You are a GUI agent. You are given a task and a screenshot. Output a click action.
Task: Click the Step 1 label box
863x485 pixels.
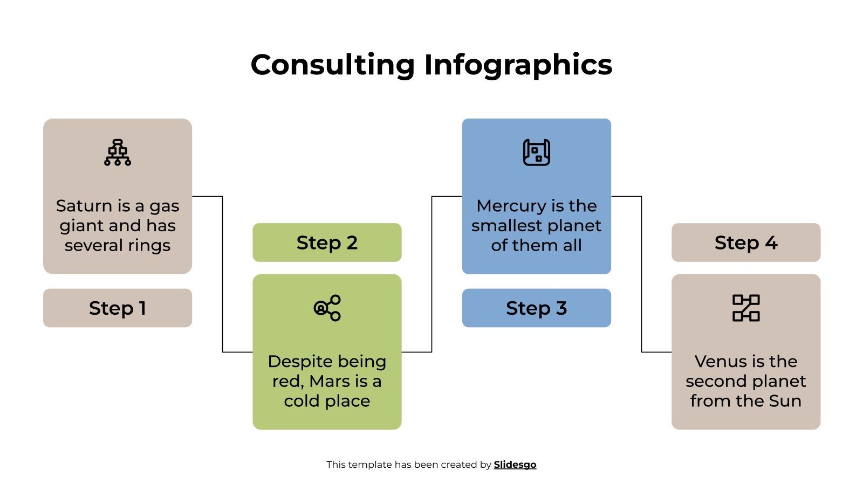coord(117,308)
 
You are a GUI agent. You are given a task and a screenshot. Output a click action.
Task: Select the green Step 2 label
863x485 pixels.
coord(327,242)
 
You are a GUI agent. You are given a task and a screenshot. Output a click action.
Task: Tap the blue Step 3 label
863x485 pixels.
coord(536,308)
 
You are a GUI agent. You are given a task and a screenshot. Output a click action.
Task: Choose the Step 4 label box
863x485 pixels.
coord(745,242)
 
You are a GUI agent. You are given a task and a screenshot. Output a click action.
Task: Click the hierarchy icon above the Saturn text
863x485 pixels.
coord(117,153)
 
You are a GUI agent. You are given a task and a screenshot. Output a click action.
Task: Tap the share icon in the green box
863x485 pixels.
coord(327,308)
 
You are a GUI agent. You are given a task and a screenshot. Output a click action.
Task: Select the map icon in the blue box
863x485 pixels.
coord(536,153)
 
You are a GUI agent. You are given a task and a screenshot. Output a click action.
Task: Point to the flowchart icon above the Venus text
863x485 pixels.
coord(745,308)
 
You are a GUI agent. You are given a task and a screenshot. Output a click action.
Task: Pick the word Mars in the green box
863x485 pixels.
coord(330,382)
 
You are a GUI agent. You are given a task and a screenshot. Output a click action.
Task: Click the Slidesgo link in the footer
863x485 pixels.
coord(515,465)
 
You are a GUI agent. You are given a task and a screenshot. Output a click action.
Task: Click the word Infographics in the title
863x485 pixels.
coord(518,65)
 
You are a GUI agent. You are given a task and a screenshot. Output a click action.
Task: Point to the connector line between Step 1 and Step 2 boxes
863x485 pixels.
coord(222,275)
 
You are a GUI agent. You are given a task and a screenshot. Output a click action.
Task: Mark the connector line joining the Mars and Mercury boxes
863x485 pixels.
coord(432,275)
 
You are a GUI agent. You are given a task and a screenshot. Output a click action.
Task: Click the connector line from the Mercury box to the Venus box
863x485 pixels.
coord(641,275)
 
